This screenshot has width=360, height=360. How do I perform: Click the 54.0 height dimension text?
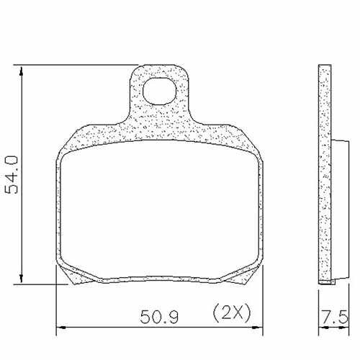[x=12, y=174]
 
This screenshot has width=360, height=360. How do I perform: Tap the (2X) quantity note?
[x=230, y=314]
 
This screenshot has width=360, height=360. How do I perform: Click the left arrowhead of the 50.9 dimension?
[x=60, y=328]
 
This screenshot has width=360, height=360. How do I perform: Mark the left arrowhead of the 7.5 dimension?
[x=321, y=328]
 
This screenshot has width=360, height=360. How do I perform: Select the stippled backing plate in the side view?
[x=325, y=173]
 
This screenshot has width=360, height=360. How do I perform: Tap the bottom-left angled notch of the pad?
[x=72, y=273]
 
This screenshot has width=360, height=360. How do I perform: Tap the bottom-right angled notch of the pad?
[x=245, y=273]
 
